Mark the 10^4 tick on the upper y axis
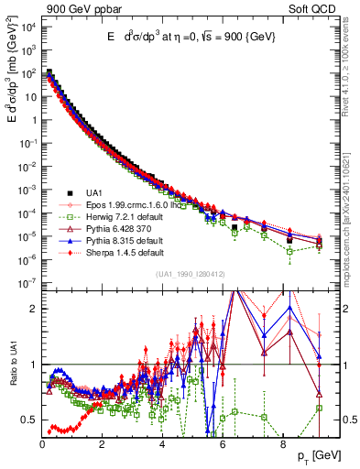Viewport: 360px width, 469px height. [x=27, y=24]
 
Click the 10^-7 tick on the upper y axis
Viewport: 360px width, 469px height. [x=27, y=282]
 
